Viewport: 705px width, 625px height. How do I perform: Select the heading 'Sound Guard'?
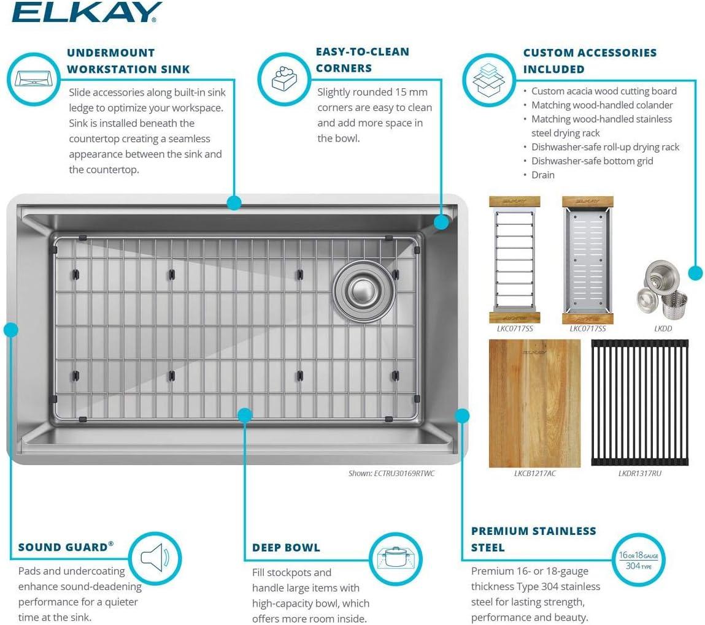(66, 547)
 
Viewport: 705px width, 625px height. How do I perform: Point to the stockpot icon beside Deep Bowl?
(396, 558)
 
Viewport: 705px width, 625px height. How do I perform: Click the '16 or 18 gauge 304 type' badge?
(638, 560)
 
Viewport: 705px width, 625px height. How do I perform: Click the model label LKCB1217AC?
(535, 473)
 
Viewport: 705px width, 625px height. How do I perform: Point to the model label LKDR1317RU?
(639, 473)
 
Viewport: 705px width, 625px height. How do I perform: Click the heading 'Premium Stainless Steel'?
(533, 539)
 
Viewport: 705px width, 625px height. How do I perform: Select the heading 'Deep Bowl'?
(286, 547)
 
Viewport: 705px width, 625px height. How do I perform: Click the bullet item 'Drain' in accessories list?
(542, 175)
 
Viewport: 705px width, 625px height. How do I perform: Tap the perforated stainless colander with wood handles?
(587, 260)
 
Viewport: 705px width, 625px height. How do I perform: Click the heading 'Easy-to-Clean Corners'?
(362, 59)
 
